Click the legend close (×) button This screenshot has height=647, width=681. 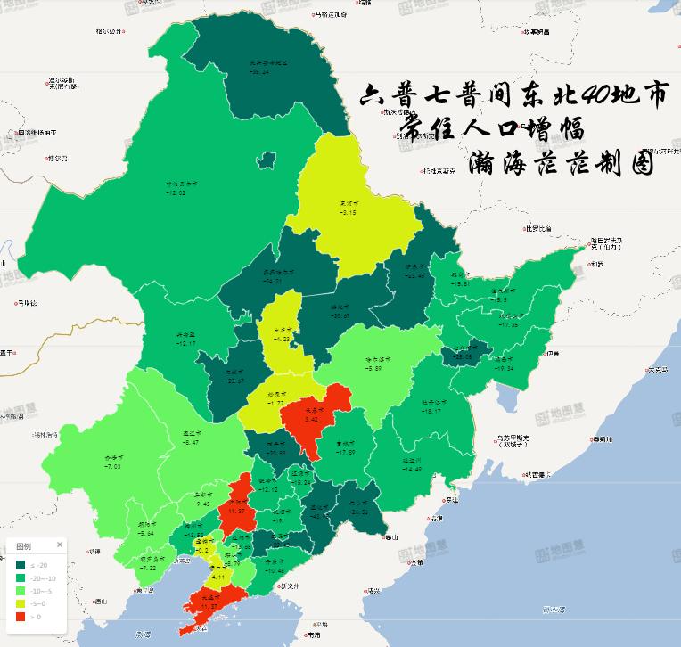(x=61, y=545)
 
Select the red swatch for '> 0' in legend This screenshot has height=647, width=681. (x=21, y=615)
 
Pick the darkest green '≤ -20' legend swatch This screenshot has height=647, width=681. (x=21, y=563)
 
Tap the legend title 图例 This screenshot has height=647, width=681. (x=24, y=545)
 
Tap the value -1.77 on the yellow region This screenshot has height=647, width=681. (x=274, y=403)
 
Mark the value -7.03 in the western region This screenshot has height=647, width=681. (x=112, y=466)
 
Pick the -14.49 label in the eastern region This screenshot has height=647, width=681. (x=412, y=469)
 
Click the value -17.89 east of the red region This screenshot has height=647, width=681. (x=346, y=453)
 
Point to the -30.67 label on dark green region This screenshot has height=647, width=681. (x=340, y=315)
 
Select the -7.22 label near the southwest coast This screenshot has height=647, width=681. (x=147, y=567)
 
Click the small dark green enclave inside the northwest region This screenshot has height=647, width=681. (x=264, y=161)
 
